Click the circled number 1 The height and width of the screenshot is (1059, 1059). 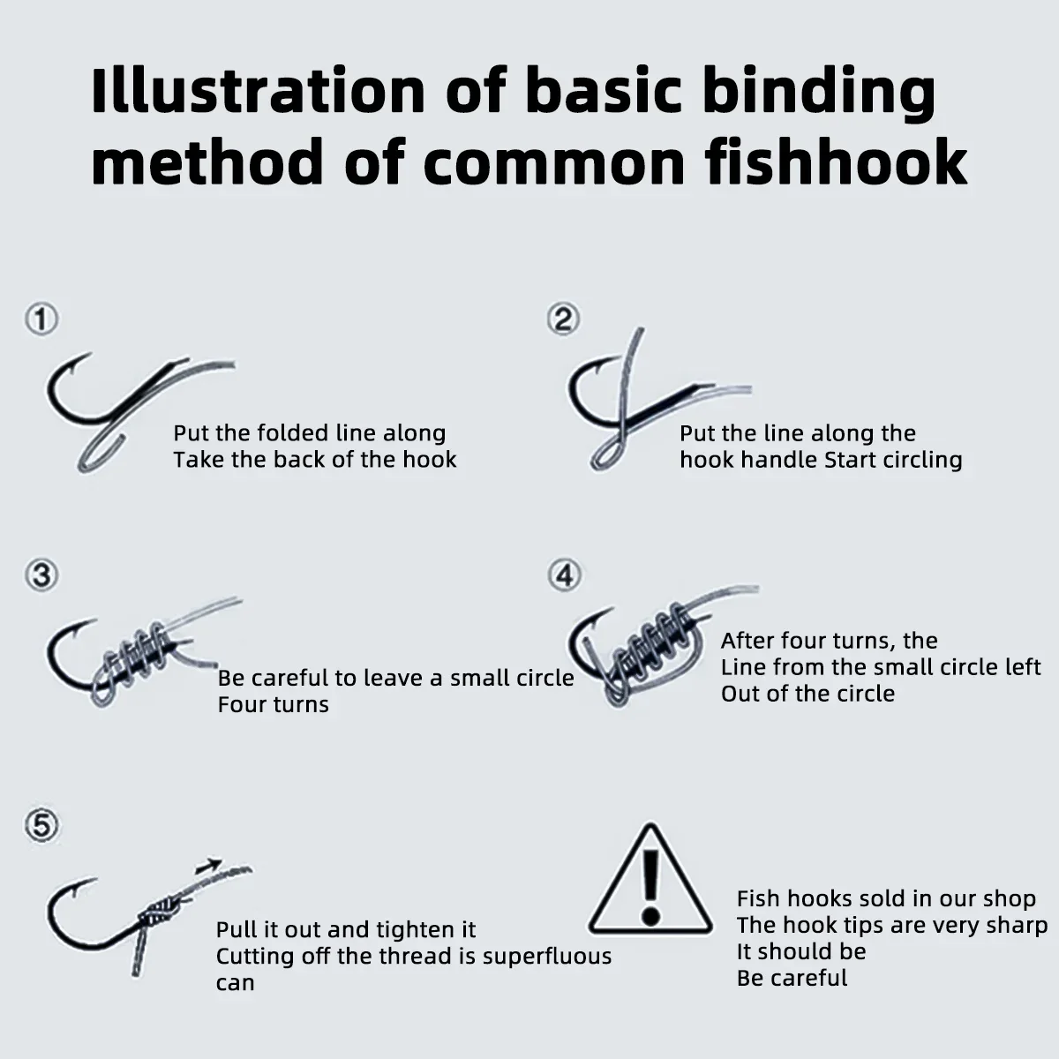41,319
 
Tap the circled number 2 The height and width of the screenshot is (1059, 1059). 563,319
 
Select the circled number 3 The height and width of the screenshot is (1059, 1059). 41,575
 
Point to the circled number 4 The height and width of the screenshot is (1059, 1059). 565,575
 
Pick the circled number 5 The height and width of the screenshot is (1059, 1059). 41,826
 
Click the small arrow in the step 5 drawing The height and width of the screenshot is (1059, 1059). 209,866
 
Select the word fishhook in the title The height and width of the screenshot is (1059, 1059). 837,162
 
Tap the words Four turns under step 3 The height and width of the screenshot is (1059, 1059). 273,704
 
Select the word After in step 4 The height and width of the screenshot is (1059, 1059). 747,641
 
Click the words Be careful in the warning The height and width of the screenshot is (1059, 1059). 792,978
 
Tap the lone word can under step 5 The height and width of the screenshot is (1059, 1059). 236,983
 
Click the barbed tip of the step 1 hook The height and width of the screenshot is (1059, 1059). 86,357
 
